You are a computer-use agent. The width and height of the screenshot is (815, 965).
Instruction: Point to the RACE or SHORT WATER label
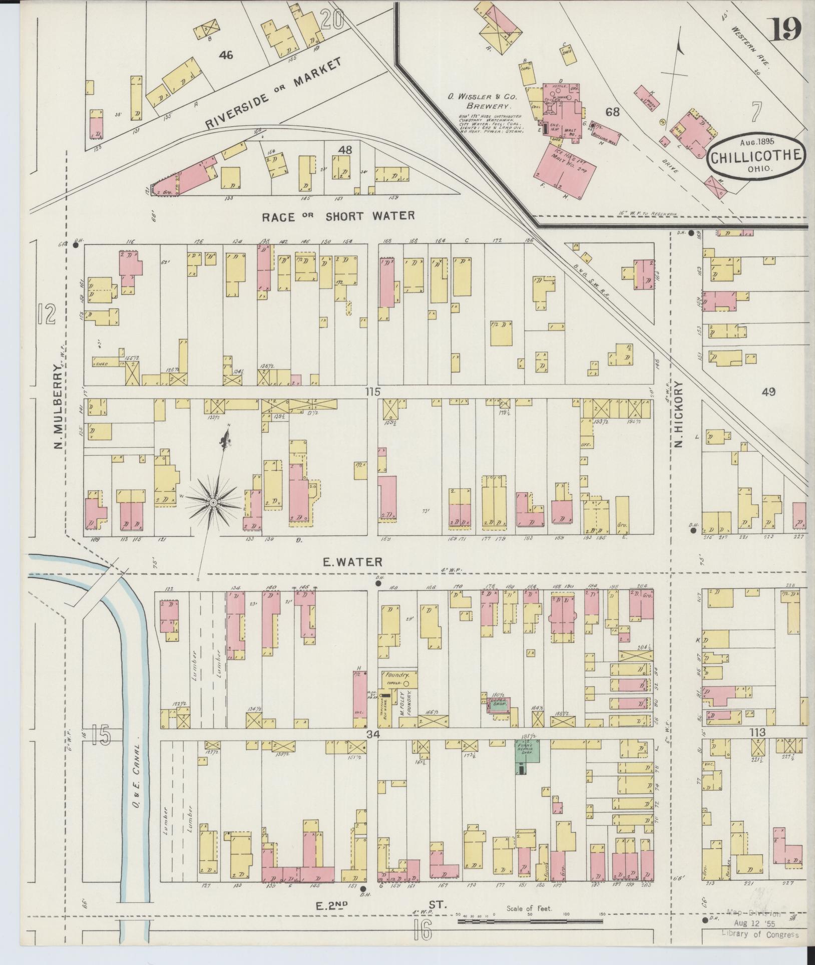[339, 216]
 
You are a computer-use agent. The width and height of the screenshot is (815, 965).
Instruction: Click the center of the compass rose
[213, 502]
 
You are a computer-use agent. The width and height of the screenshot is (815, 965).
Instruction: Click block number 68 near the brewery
[613, 112]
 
